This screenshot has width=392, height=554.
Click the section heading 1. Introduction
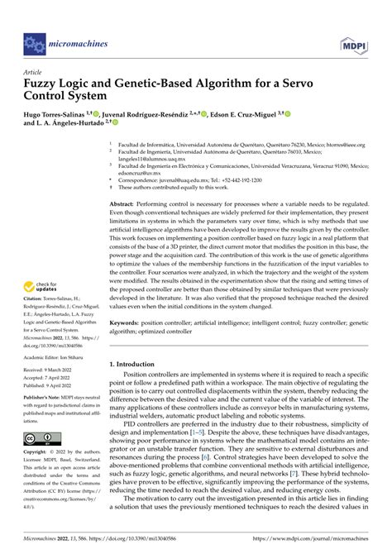137,365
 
